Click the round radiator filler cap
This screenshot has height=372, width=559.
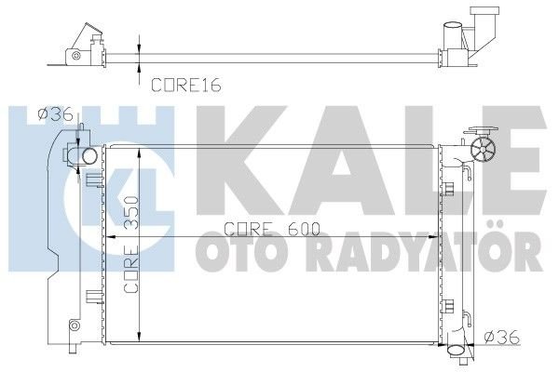484,150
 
